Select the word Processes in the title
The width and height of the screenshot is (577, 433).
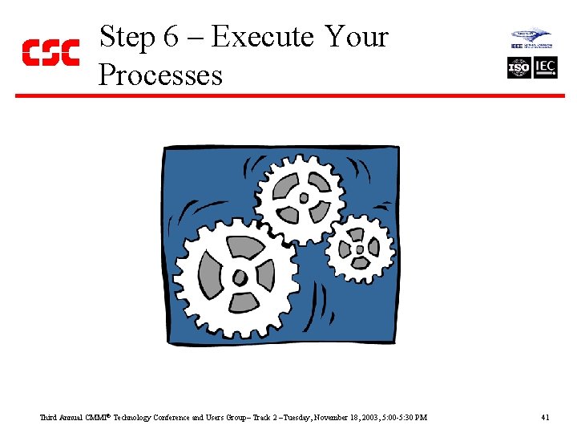160,75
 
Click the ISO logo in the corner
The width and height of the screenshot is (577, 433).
519,68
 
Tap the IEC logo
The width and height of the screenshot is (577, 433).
546,68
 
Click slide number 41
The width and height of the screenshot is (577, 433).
545,418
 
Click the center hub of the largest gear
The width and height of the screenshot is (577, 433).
239,278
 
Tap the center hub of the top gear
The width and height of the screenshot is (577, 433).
303,197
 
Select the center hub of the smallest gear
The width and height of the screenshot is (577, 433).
360,249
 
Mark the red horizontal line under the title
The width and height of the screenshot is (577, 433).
288,95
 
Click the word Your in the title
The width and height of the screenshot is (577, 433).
357,37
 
